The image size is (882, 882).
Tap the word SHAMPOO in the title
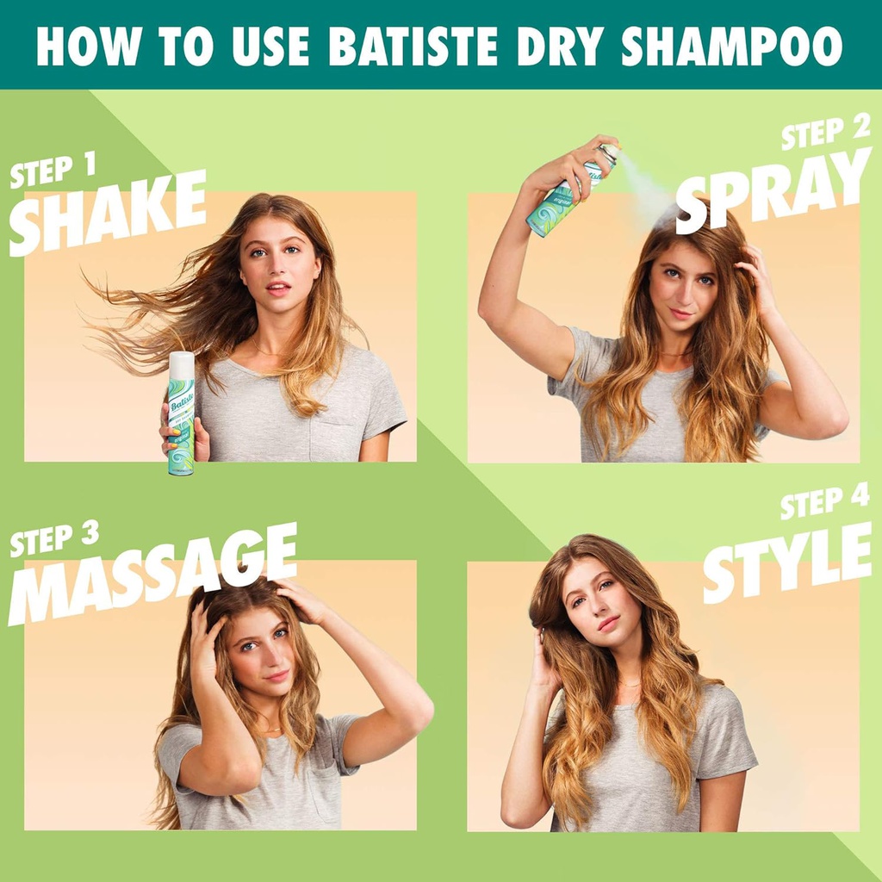click(731, 47)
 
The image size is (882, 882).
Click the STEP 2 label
click(825, 133)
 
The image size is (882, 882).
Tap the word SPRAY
click(773, 190)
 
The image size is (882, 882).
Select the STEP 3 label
click(53, 540)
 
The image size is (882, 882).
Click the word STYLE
click(786, 561)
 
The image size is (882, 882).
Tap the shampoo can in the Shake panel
click(181, 413)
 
